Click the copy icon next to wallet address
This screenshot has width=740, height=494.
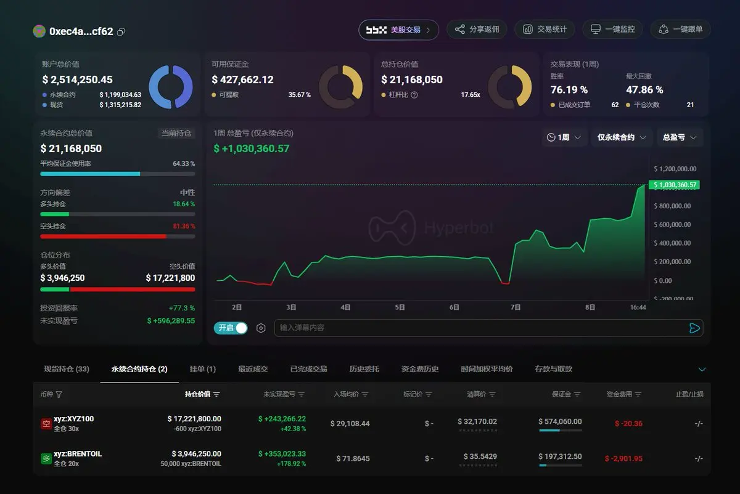point(121,31)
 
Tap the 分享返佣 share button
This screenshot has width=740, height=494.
point(477,30)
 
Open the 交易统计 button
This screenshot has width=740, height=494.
point(545,30)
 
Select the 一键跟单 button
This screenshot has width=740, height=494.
point(680,30)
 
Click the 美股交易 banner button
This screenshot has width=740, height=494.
point(398,30)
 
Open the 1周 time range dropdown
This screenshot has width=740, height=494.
point(564,137)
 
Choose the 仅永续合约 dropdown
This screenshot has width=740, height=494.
point(621,137)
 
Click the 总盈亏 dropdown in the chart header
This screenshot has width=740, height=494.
point(679,137)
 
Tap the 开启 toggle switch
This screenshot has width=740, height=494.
point(231,328)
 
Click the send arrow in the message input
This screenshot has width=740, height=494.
point(694,328)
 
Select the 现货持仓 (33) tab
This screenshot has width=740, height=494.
point(67,369)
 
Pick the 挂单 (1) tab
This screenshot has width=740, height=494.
point(202,369)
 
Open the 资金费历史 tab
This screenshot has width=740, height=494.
point(419,369)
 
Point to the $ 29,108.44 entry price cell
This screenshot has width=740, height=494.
point(350,423)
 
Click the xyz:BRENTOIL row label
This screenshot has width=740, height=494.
point(78,454)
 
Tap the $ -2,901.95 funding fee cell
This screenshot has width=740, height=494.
point(623,458)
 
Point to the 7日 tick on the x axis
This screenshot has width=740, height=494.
point(516,307)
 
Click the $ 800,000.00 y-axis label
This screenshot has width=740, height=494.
point(672,206)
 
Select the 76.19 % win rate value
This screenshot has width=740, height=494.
point(569,90)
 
